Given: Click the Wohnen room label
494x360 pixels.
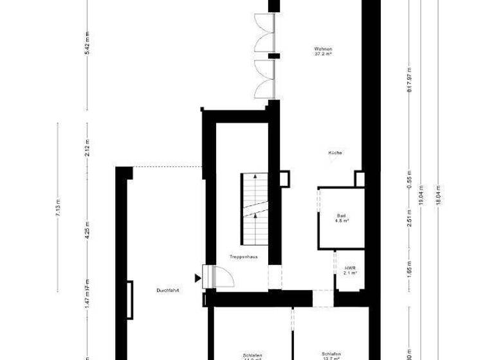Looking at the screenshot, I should coord(323,49).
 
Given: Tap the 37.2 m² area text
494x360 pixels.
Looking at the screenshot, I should coord(323,55).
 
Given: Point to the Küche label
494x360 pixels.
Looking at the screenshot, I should coord(335,153).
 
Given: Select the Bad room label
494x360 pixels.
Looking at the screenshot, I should coord(341,215).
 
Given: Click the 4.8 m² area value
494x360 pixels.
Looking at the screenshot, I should coord(342,221).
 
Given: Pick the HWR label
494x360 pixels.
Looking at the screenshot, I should coord(351,268).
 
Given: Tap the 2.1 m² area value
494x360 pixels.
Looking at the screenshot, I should coord(351,273).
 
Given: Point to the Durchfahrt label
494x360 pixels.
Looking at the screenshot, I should coord(167,291).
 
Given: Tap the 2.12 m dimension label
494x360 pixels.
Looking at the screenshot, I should coord(87,148).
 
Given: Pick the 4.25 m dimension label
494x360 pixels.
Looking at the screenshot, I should coord(87,230).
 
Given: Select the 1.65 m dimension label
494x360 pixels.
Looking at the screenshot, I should coord(409,267).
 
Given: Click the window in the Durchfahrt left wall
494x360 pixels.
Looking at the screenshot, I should coord(131,300).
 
